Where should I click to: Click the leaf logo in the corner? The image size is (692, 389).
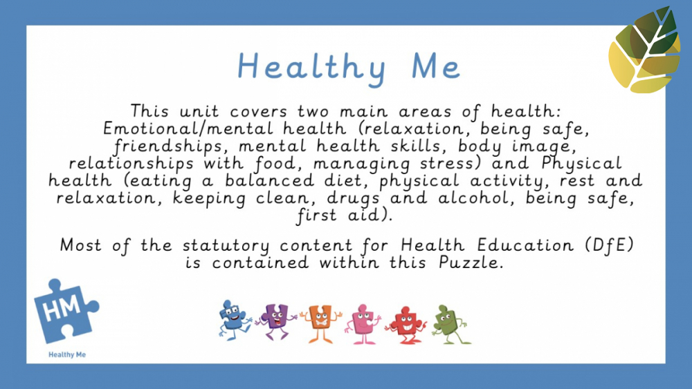(644, 50)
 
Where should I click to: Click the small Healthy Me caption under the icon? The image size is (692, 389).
(67, 354)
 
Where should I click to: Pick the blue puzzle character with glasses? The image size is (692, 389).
(233, 319)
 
